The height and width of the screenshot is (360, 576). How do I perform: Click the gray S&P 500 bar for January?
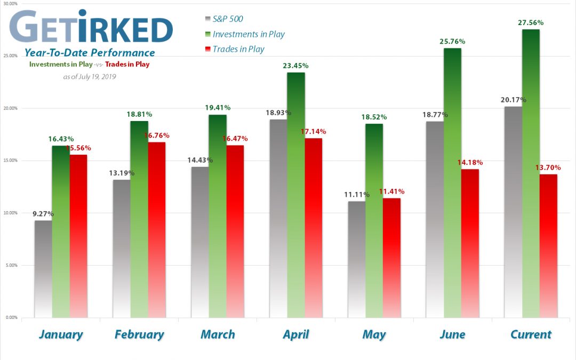point(43,269)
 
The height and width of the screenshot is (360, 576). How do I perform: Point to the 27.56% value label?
point(531,22)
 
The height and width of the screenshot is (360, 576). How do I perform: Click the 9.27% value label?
point(43,213)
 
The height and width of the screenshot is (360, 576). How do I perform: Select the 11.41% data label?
point(391,191)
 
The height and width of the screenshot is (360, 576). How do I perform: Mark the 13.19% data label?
point(122,172)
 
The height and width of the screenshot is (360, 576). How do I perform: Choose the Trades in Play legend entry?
point(238,49)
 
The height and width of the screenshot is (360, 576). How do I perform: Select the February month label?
point(139,334)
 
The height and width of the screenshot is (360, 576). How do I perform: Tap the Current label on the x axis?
point(530,334)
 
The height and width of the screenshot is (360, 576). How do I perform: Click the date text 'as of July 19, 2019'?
point(90,76)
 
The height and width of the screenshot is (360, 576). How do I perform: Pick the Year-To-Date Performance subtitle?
point(90,53)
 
